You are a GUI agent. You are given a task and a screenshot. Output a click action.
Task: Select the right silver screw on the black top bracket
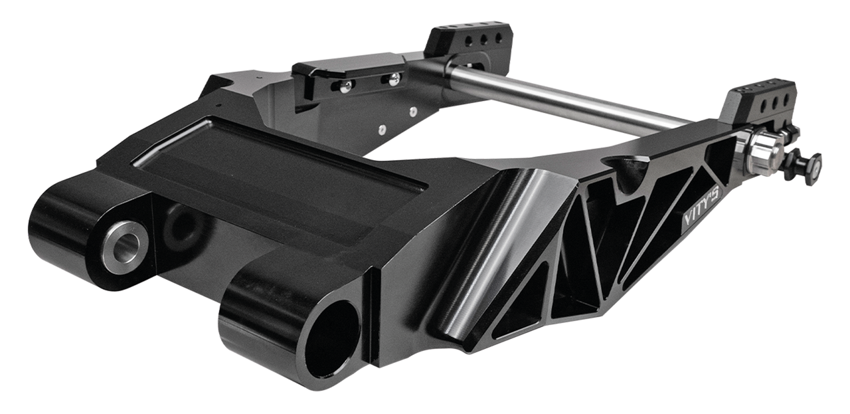394,79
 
